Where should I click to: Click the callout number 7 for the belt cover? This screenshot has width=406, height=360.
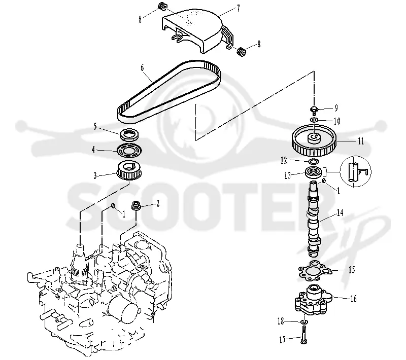[238, 9]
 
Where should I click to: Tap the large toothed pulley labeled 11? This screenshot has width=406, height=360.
[314, 140]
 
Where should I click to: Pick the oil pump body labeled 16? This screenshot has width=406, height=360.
[313, 300]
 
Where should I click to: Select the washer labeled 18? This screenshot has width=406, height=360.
[303, 322]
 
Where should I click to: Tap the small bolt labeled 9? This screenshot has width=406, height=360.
[314, 110]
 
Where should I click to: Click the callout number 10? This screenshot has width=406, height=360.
[336, 121]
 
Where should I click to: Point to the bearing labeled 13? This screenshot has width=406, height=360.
[314, 172]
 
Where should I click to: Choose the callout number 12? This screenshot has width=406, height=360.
[284, 160]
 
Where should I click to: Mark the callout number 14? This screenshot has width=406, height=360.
[340, 212]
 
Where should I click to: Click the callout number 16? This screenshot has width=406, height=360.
[353, 299]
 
